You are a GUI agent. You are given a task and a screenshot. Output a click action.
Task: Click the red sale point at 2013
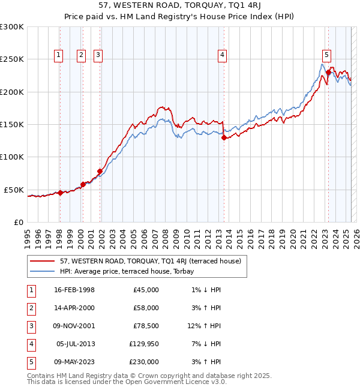[224, 137]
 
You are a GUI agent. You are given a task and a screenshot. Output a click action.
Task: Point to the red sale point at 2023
[329, 73]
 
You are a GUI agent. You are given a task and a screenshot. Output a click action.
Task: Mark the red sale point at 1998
[60, 193]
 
